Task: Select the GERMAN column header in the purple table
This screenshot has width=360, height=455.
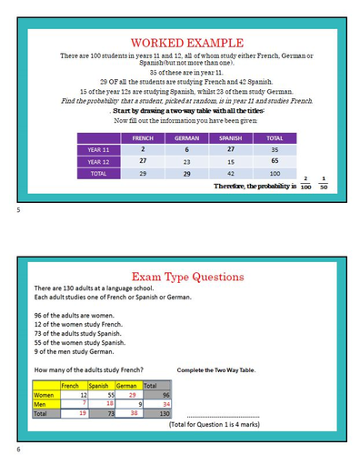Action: click(x=187, y=137)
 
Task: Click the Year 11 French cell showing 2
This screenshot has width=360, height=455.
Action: click(x=144, y=148)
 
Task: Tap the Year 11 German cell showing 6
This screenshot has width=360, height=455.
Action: click(x=187, y=148)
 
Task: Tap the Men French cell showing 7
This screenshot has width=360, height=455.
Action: click(x=84, y=403)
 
